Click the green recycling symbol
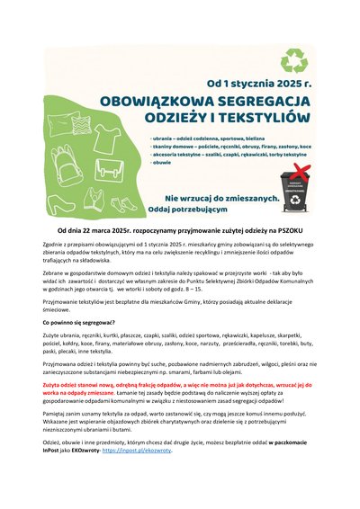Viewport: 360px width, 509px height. click(x=294, y=61)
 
